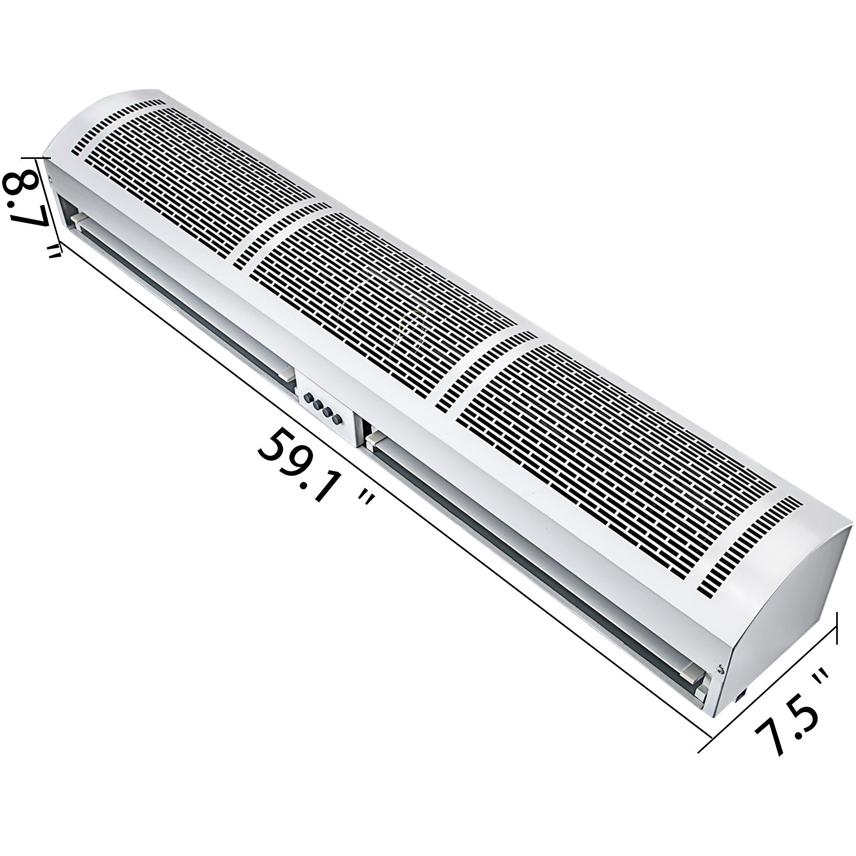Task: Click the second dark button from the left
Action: click(318, 402)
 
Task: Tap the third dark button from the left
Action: click(327, 408)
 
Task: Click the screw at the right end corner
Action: click(721, 668)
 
